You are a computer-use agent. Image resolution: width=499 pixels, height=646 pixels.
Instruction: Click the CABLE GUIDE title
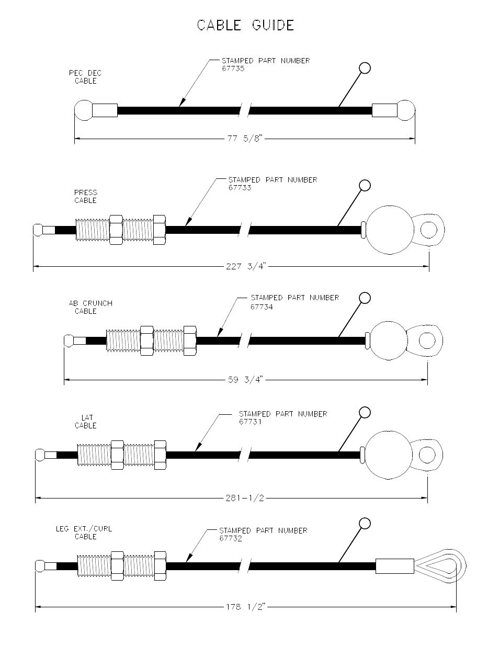[x=245, y=25]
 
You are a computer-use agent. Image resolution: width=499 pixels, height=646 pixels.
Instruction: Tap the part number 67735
[x=233, y=68]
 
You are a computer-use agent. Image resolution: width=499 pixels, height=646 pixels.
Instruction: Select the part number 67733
[x=240, y=187]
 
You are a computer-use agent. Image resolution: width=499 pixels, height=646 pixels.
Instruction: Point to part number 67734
[x=262, y=307]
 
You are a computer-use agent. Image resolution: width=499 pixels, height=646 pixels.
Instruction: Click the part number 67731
[x=250, y=422]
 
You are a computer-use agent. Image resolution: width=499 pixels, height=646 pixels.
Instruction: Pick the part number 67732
[x=230, y=538]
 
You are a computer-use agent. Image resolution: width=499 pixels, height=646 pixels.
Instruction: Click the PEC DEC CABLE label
[x=85, y=77]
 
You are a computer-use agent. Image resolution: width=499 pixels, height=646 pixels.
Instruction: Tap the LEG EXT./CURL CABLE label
[x=84, y=532]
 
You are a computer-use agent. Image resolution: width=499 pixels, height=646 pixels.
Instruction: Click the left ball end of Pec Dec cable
[x=83, y=110]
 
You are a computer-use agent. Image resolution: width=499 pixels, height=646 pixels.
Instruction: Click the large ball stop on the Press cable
[x=388, y=230]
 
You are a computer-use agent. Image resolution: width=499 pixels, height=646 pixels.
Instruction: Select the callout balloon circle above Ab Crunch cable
[x=365, y=298]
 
